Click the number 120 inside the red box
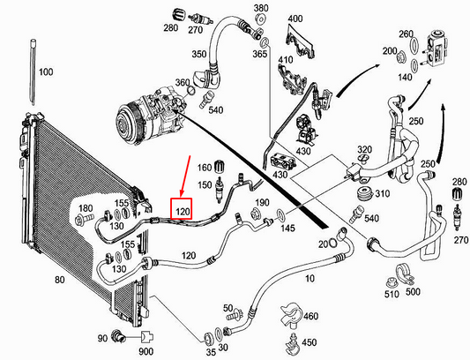pyautogui.click(x=182, y=212)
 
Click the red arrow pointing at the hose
pyautogui.click(x=187, y=177)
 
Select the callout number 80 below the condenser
pyautogui.click(x=60, y=281)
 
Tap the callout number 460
pyautogui.click(x=310, y=315)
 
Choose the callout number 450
pyautogui.click(x=308, y=341)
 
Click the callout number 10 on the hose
pyautogui.click(x=310, y=279)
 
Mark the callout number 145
pyautogui.click(x=287, y=229)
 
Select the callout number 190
pyautogui.click(x=261, y=203)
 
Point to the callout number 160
pyautogui.click(x=205, y=168)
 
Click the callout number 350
pyautogui.click(x=200, y=54)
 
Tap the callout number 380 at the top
pyautogui.click(x=261, y=8)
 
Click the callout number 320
pyautogui.click(x=363, y=150)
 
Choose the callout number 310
pyautogui.click(x=381, y=193)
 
